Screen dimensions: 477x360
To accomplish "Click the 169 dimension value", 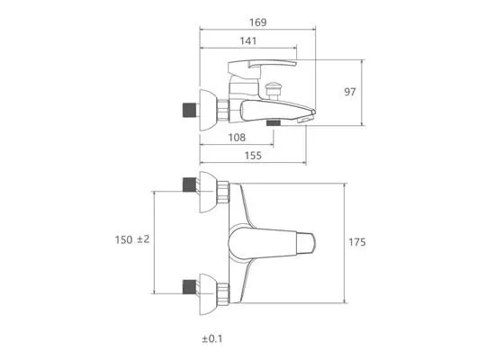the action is (x=258, y=22).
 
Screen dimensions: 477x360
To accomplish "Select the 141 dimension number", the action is (x=248, y=41).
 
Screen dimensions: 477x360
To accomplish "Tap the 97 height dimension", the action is (x=349, y=92).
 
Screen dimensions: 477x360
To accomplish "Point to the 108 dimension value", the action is (x=237, y=138).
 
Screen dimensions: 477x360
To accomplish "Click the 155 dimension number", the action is (x=253, y=156).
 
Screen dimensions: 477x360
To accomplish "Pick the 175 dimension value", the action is (x=356, y=242).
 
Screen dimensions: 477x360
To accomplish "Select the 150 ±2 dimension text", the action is (x=132, y=239).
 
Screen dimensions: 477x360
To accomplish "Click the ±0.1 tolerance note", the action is (x=212, y=338).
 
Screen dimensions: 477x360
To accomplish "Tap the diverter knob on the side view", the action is (x=273, y=90).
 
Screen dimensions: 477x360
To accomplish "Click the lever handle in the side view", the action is (x=262, y=66).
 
